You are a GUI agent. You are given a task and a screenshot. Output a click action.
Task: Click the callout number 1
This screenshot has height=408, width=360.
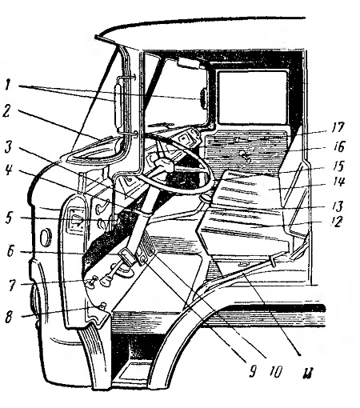8,86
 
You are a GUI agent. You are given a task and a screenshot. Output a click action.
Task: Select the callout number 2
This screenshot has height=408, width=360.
7,112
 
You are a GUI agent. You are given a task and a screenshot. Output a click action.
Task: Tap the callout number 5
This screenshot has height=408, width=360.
9,218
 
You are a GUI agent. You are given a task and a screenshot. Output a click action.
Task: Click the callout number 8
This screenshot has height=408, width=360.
9,318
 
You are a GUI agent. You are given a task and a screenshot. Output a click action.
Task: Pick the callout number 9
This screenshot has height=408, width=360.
253,371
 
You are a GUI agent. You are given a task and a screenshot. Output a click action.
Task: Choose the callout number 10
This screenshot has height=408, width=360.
274,371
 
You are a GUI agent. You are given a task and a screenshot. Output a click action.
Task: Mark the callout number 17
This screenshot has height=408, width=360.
338,128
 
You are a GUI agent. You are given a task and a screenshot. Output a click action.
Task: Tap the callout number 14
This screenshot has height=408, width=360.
338,182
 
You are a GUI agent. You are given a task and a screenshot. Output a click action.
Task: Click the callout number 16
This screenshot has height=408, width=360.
338,146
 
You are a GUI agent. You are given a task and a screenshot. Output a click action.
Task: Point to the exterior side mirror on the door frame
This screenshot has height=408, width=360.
118,105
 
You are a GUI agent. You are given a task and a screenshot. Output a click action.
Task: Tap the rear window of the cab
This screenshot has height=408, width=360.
252,98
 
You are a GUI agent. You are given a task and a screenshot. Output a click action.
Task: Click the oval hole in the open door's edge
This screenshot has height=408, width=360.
44,236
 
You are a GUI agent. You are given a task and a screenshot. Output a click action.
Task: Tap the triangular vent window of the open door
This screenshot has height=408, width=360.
94,150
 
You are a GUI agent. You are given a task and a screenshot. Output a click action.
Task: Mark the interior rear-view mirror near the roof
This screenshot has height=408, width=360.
190,64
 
